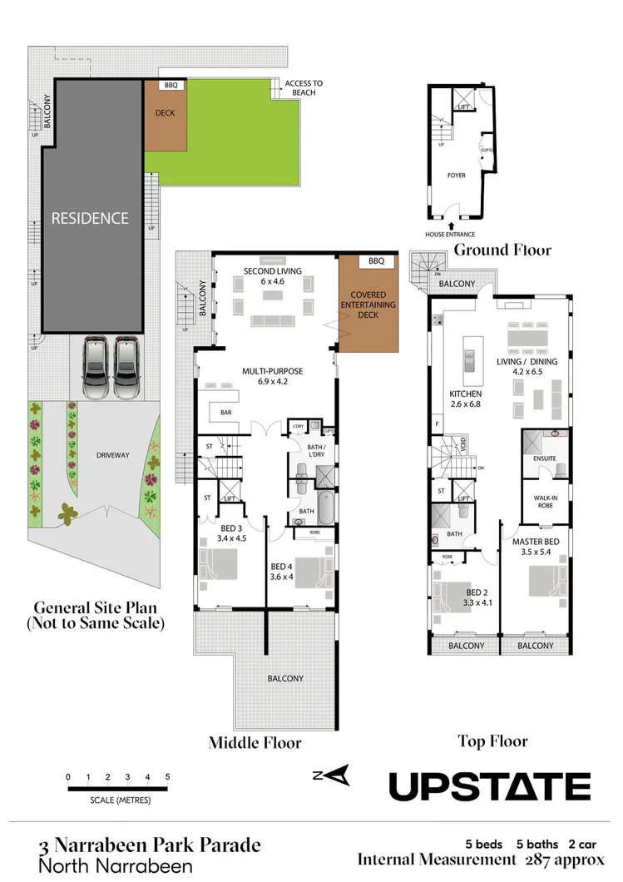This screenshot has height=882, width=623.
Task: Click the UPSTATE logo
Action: click(x=490, y=786)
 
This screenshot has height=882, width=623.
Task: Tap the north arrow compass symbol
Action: click(x=331, y=775)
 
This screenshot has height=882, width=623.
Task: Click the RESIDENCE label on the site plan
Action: click(x=90, y=218)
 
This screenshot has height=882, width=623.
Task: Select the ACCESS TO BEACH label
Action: click(x=304, y=88)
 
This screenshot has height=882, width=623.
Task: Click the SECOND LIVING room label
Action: click(x=272, y=275)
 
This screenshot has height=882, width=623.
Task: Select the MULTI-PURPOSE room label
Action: click(x=272, y=376)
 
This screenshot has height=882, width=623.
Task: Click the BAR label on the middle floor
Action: click(x=225, y=413)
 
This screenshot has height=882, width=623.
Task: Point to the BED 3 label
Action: click(x=231, y=532)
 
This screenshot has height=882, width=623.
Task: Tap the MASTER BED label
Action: click(x=536, y=547)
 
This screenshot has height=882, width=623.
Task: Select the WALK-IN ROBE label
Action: click(x=539, y=502)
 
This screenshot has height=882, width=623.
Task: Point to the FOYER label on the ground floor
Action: click(x=457, y=176)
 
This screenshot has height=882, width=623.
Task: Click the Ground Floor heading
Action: click(x=502, y=250)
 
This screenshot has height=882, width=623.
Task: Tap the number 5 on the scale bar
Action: click(x=168, y=777)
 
